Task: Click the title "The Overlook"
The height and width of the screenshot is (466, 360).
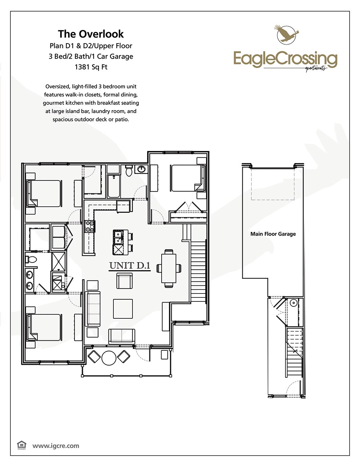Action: pos(91,34)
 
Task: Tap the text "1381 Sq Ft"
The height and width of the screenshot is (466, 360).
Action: pos(91,67)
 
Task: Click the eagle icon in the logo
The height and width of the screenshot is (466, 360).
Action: pos(287,34)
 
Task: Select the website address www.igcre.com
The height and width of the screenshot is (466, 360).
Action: pos(56,446)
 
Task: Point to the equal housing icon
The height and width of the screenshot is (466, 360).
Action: pos(22,445)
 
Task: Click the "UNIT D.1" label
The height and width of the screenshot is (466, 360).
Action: pos(130,266)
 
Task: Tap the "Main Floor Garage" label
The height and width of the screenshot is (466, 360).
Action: pos(273,234)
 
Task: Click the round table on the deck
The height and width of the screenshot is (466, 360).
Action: pos(109,358)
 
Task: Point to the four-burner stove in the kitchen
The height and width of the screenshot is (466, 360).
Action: pos(90,226)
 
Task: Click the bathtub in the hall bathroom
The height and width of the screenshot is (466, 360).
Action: pos(114,186)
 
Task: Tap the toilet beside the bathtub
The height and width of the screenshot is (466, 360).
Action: pos(129,171)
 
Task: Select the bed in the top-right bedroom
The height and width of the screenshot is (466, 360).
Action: pos(185,178)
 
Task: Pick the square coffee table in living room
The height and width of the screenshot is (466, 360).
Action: pos(123,309)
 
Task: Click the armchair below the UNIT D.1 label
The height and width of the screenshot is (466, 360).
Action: pos(125,281)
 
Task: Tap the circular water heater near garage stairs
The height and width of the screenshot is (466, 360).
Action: pos(293,303)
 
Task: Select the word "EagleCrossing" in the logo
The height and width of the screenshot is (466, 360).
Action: pos(285,58)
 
